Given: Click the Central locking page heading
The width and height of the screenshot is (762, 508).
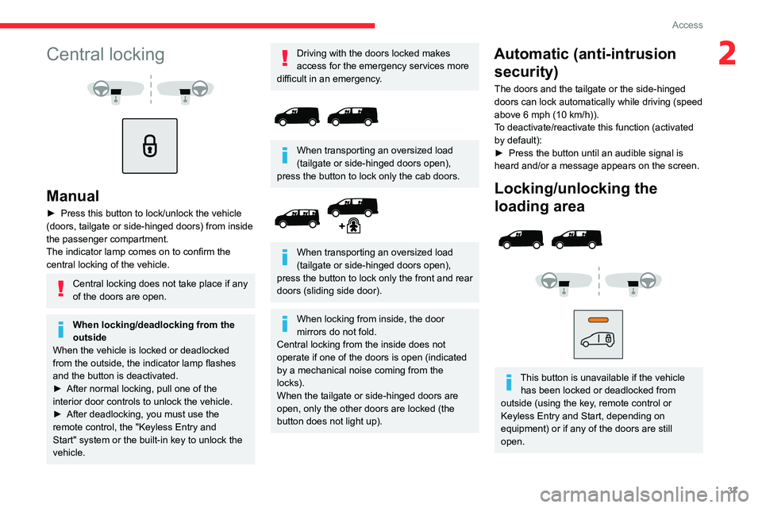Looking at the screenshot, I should (x=105, y=55).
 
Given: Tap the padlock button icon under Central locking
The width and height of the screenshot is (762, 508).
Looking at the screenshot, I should (x=149, y=146).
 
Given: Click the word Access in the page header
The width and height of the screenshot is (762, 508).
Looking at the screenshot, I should (x=687, y=25).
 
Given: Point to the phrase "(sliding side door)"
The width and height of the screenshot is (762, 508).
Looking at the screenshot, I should (x=348, y=291).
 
